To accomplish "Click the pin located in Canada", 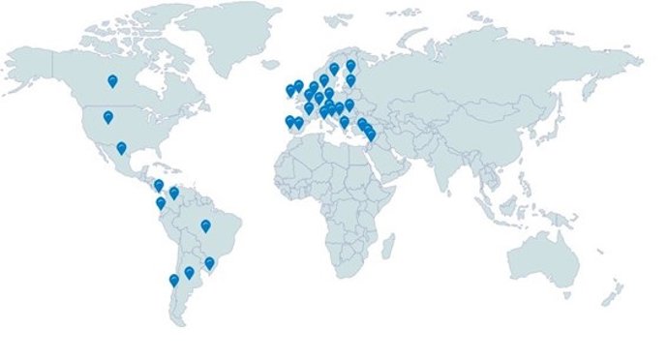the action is pyautogui.click(x=112, y=81).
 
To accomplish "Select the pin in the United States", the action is pyautogui.click(x=108, y=118).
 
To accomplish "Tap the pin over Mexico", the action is pyautogui.click(x=121, y=148).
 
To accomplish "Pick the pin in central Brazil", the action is pyautogui.click(x=206, y=226).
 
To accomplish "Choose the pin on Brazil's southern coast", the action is pyautogui.click(x=209, y=263).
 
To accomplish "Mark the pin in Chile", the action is pyautogui.click(x=174, y=281).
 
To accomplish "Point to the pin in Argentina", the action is pyautogui.click(x=190, y=273).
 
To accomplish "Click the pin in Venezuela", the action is pyautogui.click(x=174, y=193).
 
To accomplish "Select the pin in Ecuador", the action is pyautogui.click(x=161, y=203).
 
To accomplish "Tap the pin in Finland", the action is pyautogui.click(x=350, y=66).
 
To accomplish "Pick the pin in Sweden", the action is pyautogui.click(x=334, y=69).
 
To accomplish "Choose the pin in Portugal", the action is pyautogui.click(x=289, y=121).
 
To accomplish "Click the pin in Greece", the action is pyautogui.click(x=345, y=122).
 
